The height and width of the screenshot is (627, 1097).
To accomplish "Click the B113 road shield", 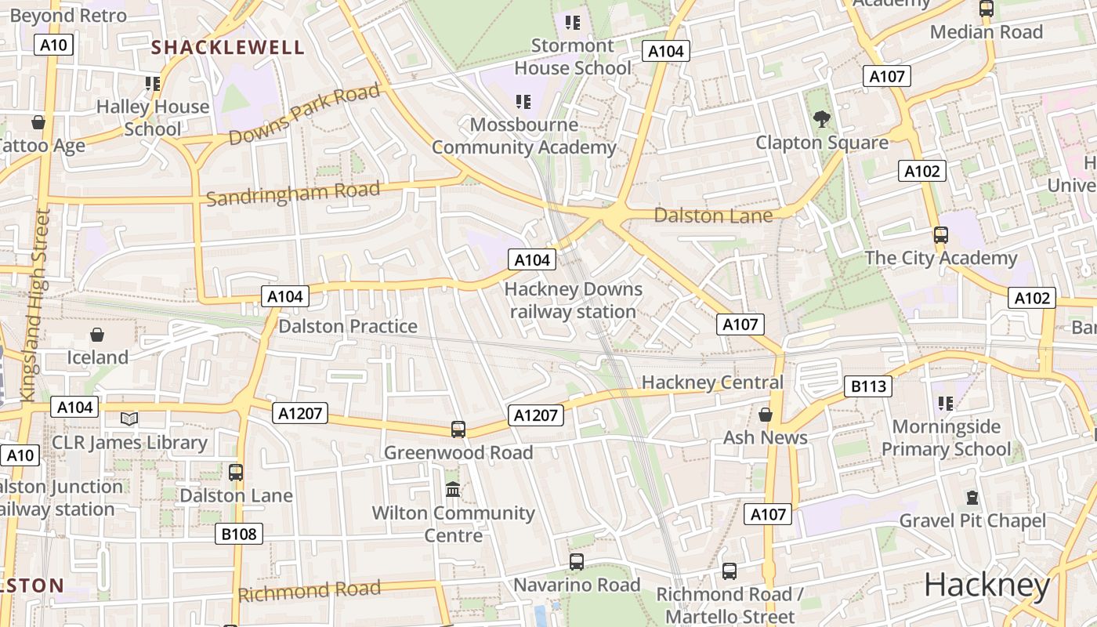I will tap(868, 386).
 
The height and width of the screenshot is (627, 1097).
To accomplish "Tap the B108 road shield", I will tap(239, 534).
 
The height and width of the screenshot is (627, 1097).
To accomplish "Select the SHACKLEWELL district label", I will tap(228, 48).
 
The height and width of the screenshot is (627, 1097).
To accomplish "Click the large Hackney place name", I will tap(987, 585).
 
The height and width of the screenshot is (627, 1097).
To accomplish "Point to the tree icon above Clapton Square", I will tap(822, 119).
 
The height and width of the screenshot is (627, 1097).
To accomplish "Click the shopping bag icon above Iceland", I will tap(97, 335).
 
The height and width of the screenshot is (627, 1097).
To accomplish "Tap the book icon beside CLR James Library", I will tap(129, 419).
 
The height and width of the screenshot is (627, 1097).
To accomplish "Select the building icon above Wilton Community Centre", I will tap(453, 490).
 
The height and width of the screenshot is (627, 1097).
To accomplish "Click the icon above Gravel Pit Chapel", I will tap(972, 498).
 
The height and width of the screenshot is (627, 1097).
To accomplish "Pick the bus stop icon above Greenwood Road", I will tap(458, 429).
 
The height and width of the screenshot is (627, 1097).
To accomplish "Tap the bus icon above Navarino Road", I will tap(577, 562).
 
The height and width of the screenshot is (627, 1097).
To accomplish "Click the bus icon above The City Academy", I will tap(941, 235).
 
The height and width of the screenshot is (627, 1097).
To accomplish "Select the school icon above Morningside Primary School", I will tap(946, 404).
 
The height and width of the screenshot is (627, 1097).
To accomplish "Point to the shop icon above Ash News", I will tap(766, 415).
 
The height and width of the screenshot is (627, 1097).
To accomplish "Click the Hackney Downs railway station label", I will tap(573, 300).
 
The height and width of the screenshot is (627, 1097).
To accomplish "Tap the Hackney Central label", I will tap(712, 382).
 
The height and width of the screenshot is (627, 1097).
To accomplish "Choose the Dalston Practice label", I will tap(348, 326).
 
